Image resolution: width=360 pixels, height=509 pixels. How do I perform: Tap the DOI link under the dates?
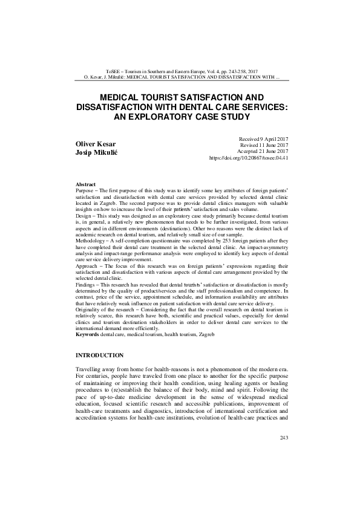(x=248, y=158)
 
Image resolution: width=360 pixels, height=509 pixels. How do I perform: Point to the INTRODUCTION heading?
(x=100, y=354)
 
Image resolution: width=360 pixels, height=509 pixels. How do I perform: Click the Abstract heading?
(x=85, y=183)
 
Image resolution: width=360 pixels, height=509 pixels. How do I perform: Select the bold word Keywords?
(x=87, y=334)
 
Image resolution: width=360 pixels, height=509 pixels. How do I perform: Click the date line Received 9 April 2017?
(x=264, y=138)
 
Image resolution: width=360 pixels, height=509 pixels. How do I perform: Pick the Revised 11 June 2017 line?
(x=265, y=145)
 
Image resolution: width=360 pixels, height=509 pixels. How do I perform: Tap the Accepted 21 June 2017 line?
(x=263, y=151)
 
